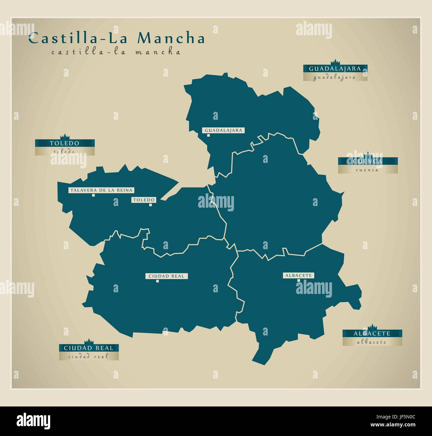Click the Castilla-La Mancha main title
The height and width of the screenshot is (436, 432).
[116, 38]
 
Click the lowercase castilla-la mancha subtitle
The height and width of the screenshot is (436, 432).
[116, 52]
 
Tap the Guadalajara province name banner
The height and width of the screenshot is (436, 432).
[335, 69]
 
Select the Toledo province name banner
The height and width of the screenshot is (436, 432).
[65, 143]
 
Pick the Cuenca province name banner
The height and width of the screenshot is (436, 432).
[368, 161]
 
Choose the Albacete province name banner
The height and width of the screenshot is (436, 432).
[372, 333]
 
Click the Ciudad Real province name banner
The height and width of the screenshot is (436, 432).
[89, 348]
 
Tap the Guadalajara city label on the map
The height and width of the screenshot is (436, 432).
[223, 130]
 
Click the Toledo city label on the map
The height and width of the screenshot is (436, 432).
[144, 200]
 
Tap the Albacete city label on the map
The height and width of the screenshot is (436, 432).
[298, 275]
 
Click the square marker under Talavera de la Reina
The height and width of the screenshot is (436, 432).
[94, 195]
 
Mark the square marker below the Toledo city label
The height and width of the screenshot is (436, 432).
[151, 205]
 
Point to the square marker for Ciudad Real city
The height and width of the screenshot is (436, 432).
[158, 281]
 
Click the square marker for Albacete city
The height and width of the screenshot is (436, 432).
[298, 280]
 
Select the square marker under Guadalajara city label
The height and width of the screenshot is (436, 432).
[208, 135]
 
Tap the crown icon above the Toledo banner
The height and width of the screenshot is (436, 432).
[65, 137]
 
